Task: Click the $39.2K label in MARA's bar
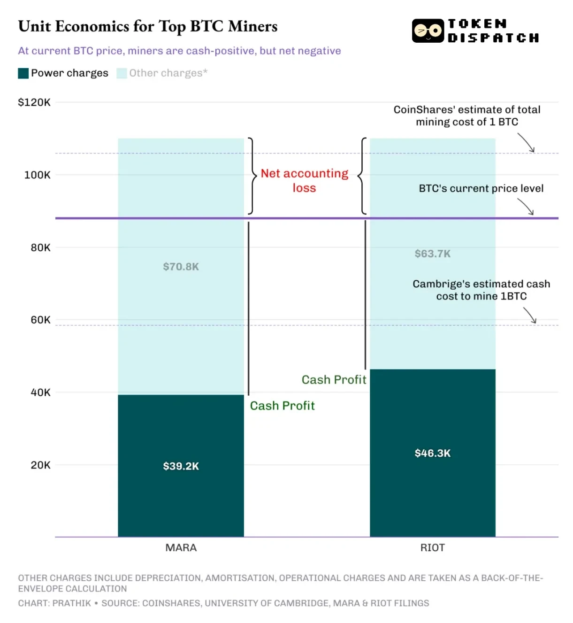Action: click(x=181, y=466)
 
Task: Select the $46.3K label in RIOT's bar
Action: click(x=432, y=453)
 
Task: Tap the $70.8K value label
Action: click(x=181, y=267)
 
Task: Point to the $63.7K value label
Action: click(x=432, y=254)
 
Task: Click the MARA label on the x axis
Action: click(x=181, y=547)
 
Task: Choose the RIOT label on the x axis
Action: click(x=432, y=547)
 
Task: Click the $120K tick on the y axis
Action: click(x=34, y=102)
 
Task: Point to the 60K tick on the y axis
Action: click(x=40, y=320)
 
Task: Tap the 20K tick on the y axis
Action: click(x=40, y=465)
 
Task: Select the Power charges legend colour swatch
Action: click(x=23, y=73)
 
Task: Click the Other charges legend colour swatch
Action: click(x=122, y=73)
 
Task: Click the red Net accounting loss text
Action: click(x=304, y=181)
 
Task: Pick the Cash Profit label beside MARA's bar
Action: click(x=282, y=406)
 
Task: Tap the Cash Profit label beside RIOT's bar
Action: click(x=334, y=380)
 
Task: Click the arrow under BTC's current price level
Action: click(x=526, y=207)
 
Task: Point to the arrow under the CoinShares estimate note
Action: click(x=527, y=143)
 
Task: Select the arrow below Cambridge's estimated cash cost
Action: click(x=530, y=315)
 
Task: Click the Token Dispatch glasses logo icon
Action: click(x=428, y=31)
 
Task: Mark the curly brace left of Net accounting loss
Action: click(x=252, y=176)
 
